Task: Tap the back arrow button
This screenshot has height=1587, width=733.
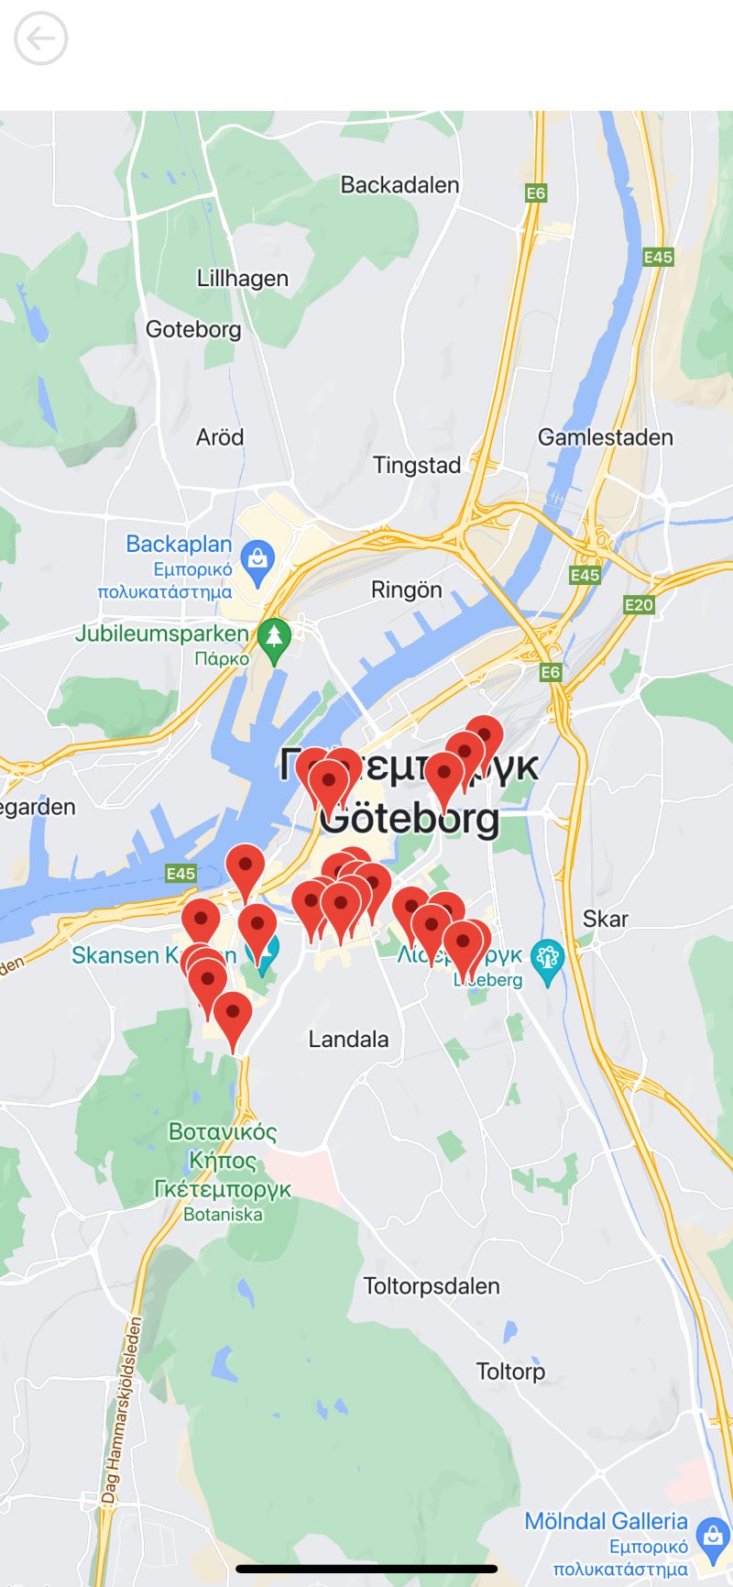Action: [x=41, y=39]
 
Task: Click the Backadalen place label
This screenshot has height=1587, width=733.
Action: [x=399, y=184]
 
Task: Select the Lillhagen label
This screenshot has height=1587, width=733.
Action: [x=243, y=278]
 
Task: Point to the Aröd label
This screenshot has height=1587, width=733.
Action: [x=220, y=436]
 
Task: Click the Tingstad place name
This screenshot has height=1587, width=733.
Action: [x=417, y=465]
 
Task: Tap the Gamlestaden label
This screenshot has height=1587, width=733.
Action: [x=605, y=437]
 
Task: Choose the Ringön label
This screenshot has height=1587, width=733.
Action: [x=406, y=590]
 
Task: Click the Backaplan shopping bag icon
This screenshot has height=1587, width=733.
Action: [x=257, y=557]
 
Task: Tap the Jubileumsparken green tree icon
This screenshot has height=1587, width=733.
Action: [x=273, y=635]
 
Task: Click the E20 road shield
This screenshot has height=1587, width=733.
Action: [x=639, y=604]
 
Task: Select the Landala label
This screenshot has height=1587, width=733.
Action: [x=348, y=1039]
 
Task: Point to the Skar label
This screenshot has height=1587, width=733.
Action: [x=606, y=919]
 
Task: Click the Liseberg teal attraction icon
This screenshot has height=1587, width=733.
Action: [x=548, y=958]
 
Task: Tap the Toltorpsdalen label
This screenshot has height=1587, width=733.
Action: [x=432, y=1285]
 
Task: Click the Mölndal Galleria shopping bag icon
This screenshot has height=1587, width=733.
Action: [x=712, y=1534]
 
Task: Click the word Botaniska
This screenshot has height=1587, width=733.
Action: [x=223, y=1215]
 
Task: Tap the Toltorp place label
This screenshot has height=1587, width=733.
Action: [x=510, y=1372]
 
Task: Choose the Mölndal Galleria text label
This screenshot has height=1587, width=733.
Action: [x=606, y=1521]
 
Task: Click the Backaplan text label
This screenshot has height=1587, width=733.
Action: [x=179, y=544]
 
